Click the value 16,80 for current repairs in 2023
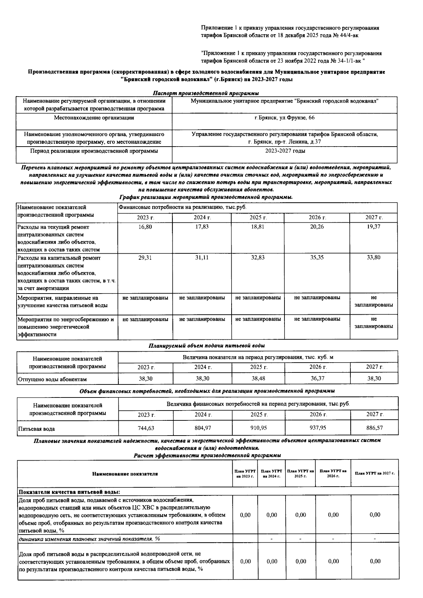[x=145, y=227]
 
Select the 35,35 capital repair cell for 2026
[x=317, y=258]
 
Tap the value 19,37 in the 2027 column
[x=373, y=227]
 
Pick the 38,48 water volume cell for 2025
[x=258, y=378]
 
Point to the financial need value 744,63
[x=146, y=428]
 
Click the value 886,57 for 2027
[x=374, y=428]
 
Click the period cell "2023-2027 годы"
[x=285, y=151]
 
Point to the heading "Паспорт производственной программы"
[x=206, y=93]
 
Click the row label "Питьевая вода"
[x=37, y=429]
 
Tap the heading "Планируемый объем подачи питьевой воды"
[x=207, y=346]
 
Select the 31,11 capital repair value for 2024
[x=202, y=258]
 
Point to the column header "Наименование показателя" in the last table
[x=125, y=474]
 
